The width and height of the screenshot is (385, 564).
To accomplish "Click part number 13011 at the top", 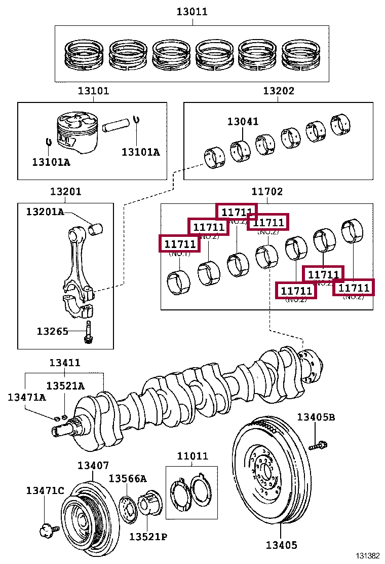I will point(191,12).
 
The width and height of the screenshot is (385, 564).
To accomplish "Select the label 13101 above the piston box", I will point(93,91).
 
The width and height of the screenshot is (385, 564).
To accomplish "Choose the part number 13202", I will point(278,91).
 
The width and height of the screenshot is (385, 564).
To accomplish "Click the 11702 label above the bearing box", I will point(267,192).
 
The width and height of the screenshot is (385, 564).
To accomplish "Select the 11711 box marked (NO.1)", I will point(179,243).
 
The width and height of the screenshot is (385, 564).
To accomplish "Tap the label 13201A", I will point(45,211).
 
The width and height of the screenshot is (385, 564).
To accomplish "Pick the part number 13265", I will point(52,331).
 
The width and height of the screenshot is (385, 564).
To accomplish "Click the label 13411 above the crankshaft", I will point(64,363).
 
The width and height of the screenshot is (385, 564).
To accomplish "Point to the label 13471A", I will point(26,397).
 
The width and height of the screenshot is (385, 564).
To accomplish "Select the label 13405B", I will point(316,417).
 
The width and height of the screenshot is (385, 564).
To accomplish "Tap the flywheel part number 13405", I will point(281,545).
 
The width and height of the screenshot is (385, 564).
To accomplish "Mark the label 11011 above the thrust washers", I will point(192,455).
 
